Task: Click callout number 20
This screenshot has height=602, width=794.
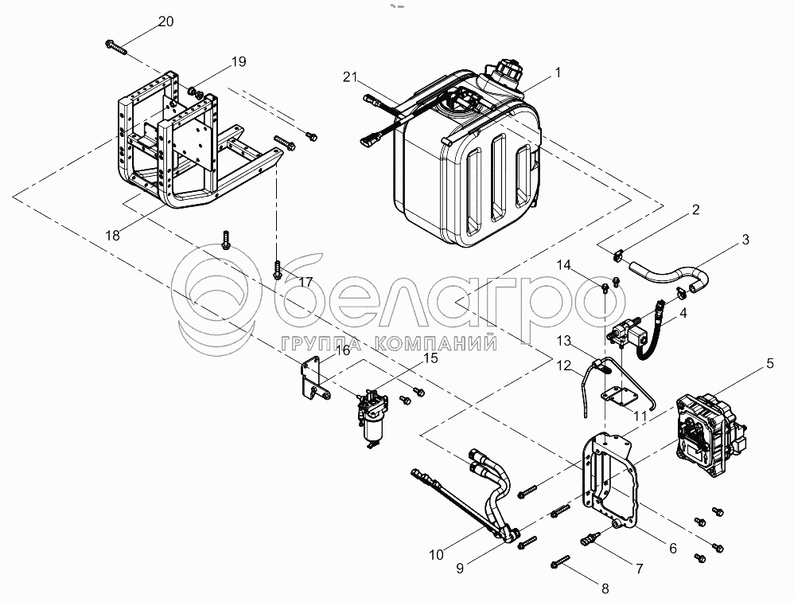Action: [x=165, y=21]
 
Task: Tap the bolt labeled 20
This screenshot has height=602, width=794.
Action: [x=115, y=47]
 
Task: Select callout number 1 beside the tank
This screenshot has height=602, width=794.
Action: [x=558, y=73]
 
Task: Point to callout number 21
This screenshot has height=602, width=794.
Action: [x=350, y=77]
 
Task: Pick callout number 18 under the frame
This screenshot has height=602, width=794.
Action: [x=112, y=236]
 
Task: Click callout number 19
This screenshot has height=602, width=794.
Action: [x=239, y=62]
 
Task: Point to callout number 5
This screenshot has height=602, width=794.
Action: [x=769, y=363]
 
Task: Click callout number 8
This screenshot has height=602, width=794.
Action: [x=605, y=588]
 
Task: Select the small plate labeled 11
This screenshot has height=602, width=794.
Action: [x=619, y=397]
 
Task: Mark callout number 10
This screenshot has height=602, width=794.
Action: [x=436, y=555]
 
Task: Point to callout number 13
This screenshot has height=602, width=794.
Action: [x=563, y=341]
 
